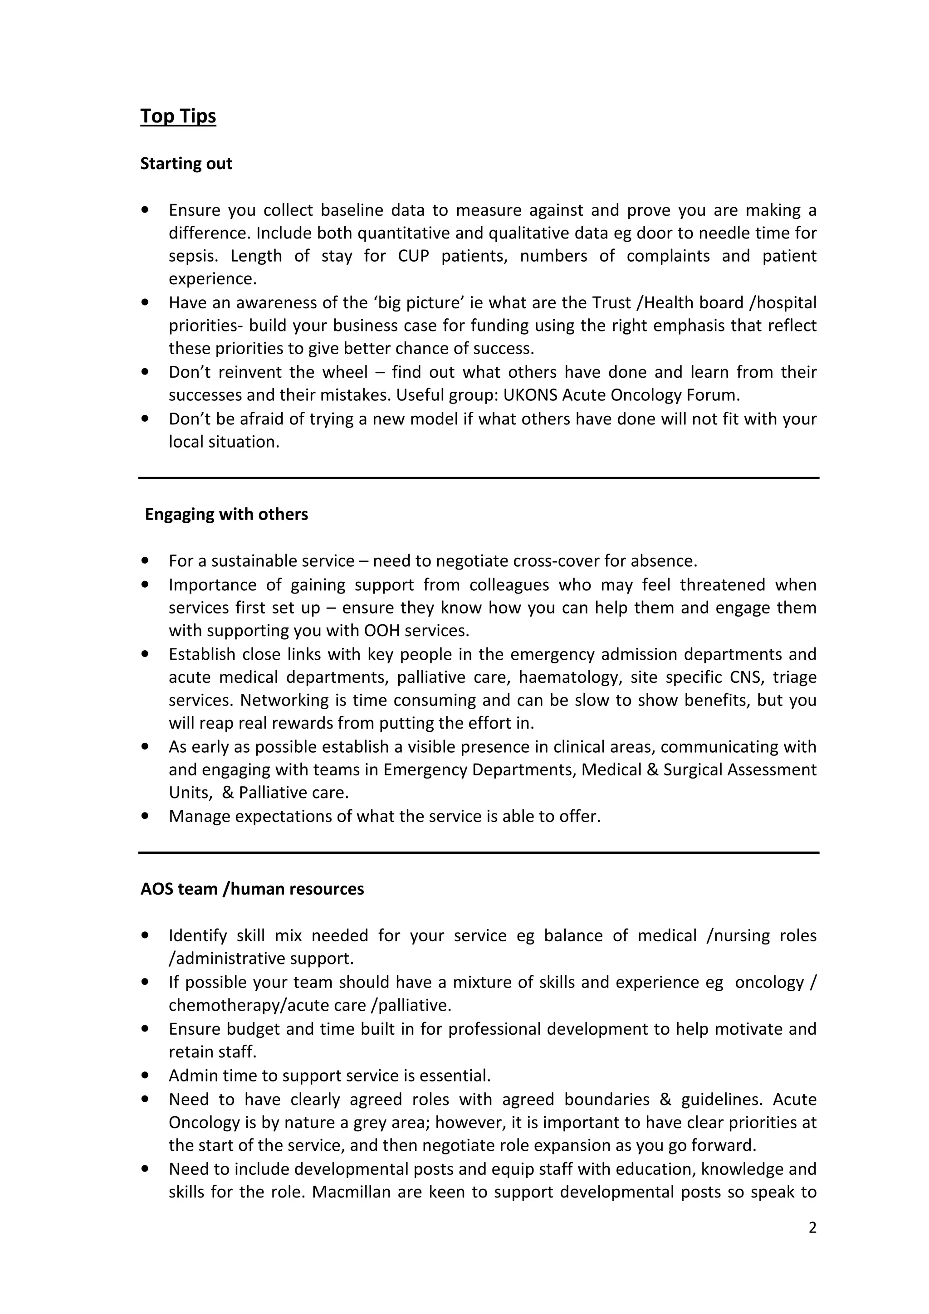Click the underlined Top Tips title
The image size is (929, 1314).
tap(178, 116)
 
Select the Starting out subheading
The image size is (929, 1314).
tap(186, 164)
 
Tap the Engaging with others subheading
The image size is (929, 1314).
tap(226, 515)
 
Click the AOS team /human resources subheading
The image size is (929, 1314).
tap(252, 889)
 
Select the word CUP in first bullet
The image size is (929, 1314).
tap(413, 256)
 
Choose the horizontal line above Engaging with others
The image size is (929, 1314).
tap(479, 478)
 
